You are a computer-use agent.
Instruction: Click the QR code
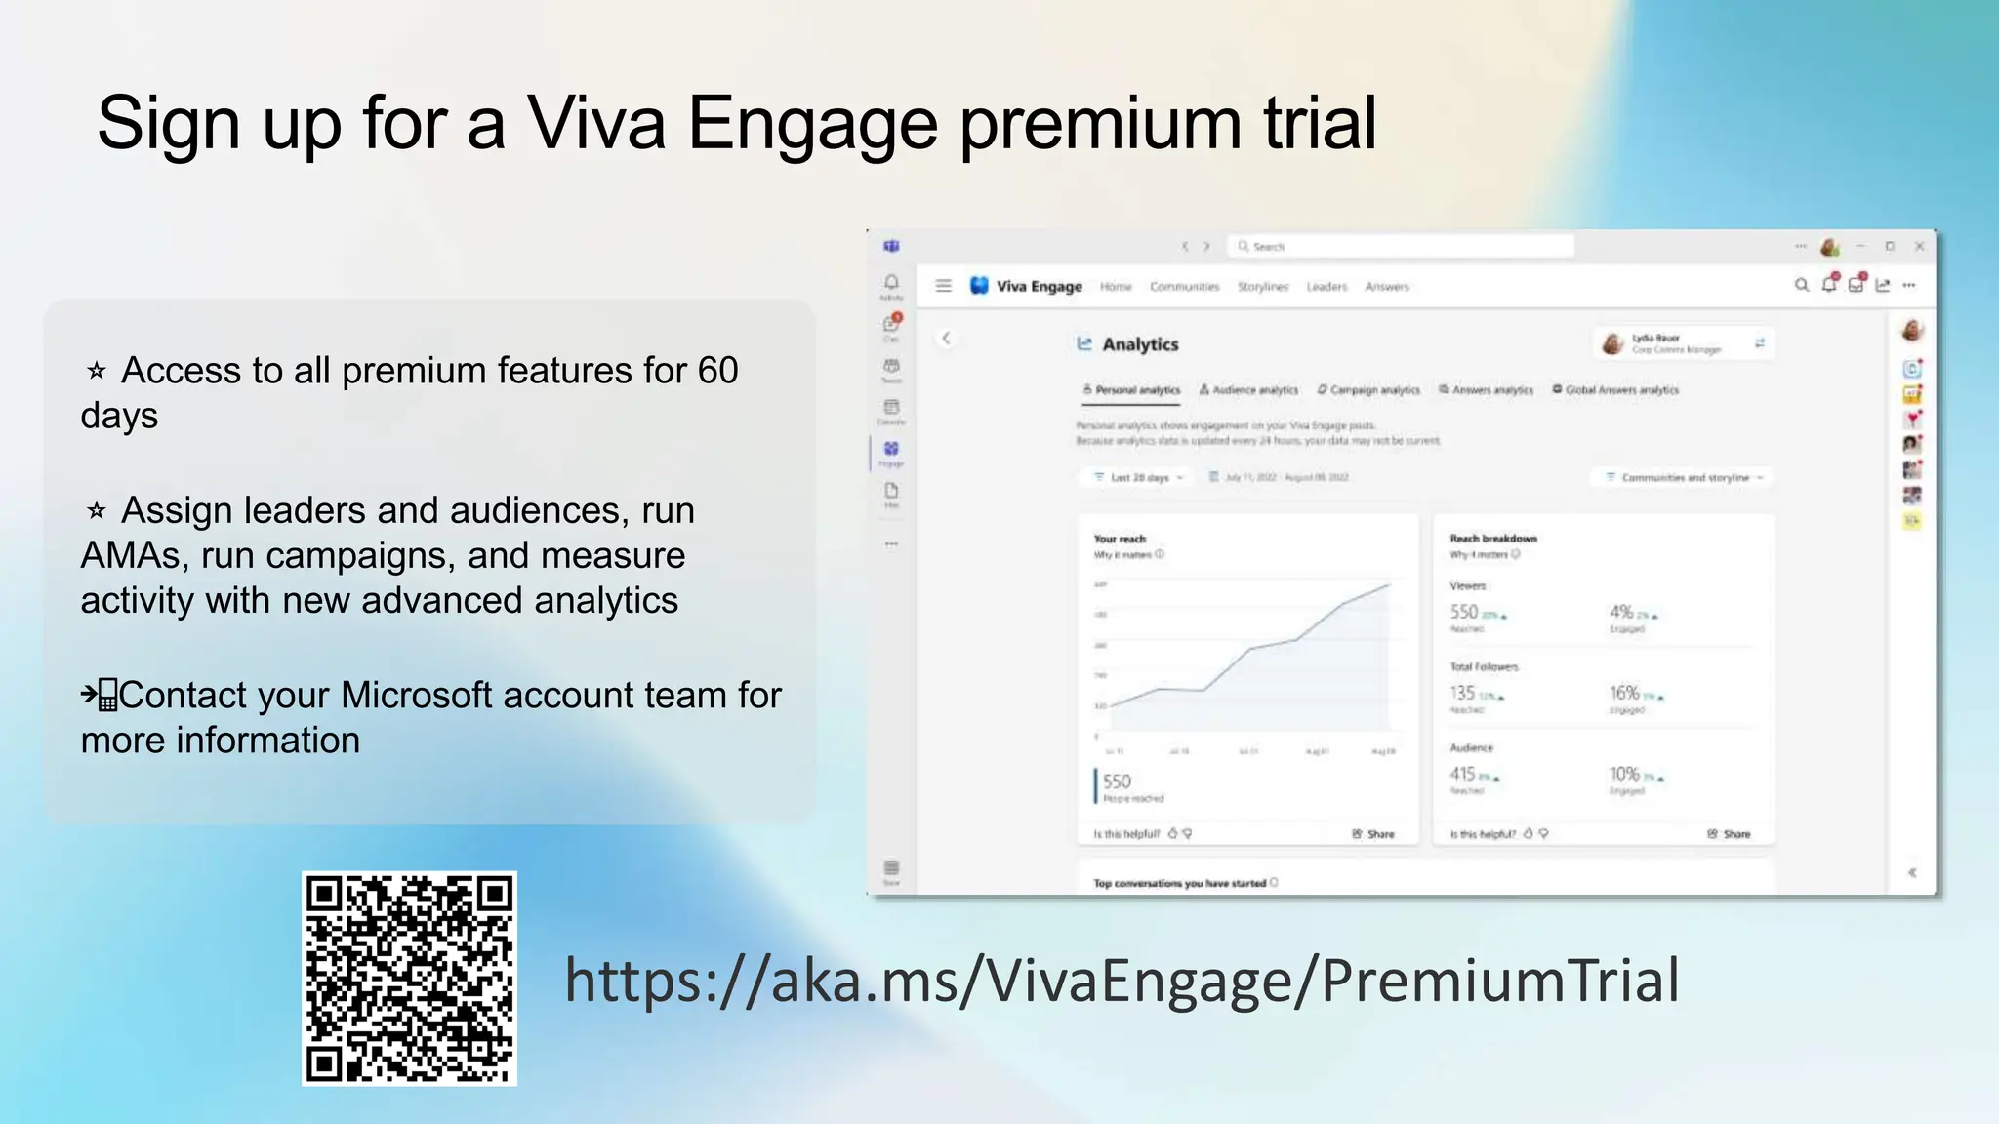[x=409, y=978]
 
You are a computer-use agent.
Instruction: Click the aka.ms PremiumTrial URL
[x=1122, y=981]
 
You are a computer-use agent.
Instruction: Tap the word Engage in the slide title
[x=812, y=124]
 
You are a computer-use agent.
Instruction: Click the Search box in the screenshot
[x=1401, y=246]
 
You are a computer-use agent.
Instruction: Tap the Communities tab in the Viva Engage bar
[x=1184, y=287]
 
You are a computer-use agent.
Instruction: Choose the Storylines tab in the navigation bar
[x=1263, y=287]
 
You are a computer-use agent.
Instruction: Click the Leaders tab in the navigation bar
[x=1326, y=287]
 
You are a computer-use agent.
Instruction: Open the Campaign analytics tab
[x=1368, y=390]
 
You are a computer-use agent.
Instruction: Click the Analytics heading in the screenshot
[x=1139, y=344]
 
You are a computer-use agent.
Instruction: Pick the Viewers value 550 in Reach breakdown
[x=1464, y=612]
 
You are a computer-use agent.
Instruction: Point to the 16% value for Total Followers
[x=1624, y=693]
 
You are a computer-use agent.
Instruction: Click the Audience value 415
[x=1462, y=774]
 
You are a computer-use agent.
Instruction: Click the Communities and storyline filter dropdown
[x=1685, y=478]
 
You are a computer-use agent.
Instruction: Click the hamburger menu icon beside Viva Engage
[x=943, y=286]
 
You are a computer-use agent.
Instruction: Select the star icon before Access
[x=97, y=371]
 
